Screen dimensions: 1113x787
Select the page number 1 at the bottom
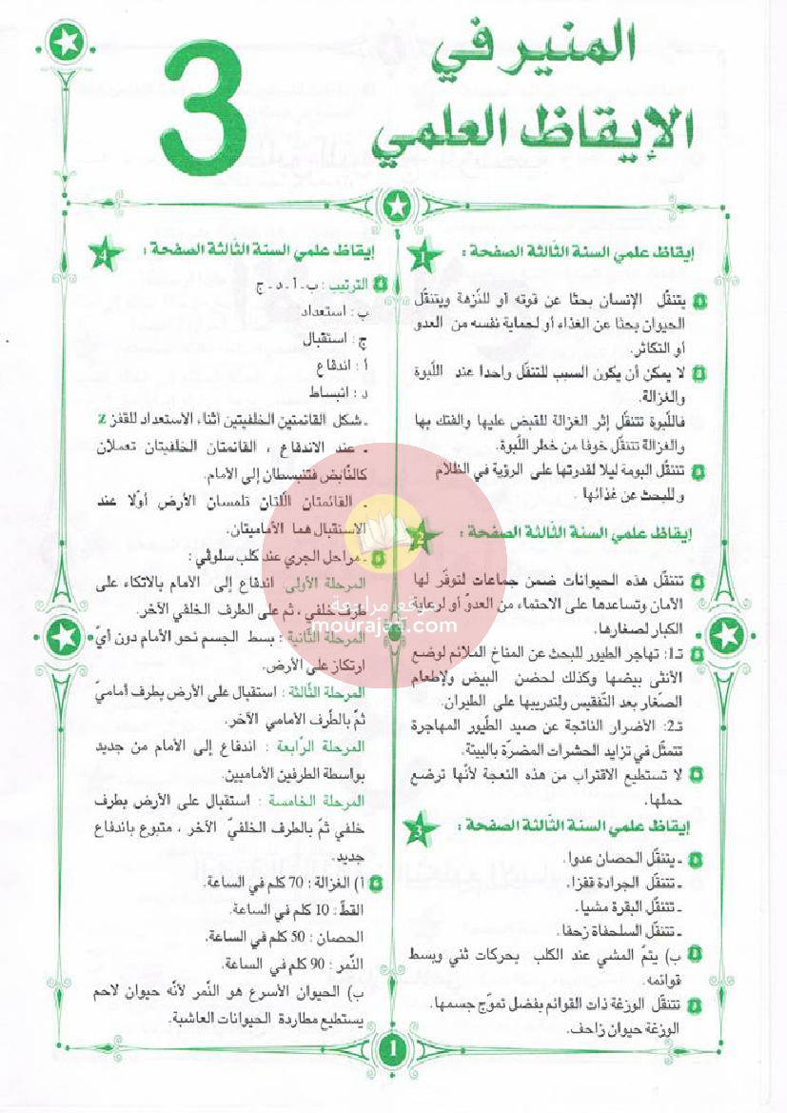point(393,1049)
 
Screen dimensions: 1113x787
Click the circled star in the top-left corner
point(65,43)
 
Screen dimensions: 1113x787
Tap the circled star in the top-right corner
point(725,43)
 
